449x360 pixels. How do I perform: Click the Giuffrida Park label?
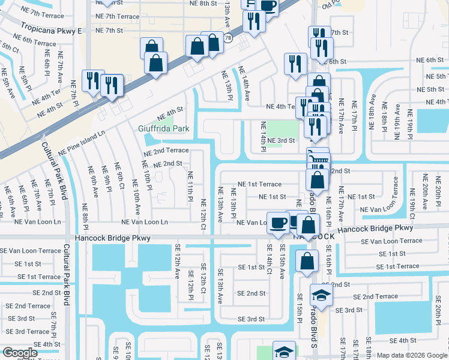tap(163, 128)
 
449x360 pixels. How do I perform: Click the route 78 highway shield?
tap(228, 37)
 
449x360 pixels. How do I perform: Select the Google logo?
tap(19, 353)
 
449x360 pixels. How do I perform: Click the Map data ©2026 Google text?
tap(412, 355)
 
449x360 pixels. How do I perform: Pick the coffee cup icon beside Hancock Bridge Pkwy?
tap(278, 222)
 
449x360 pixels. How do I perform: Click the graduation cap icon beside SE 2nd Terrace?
tap(321, 295)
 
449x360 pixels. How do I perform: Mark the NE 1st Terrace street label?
tap(259, 184)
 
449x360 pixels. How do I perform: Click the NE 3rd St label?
tap(281, 141)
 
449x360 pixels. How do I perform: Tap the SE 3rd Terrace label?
tap(28, 332)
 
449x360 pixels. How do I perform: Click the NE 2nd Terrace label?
tap(166, 151)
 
